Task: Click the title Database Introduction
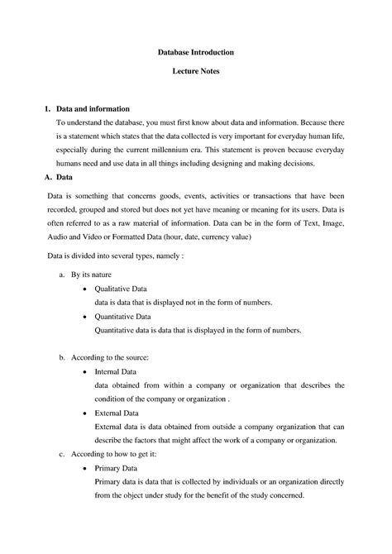point(196,52)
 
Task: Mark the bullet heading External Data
point(117,413)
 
